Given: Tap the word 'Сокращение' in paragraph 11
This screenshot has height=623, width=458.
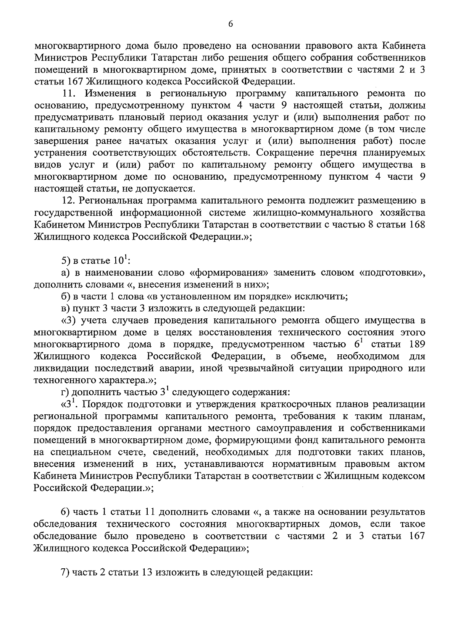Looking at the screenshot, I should [x=286, y=153].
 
